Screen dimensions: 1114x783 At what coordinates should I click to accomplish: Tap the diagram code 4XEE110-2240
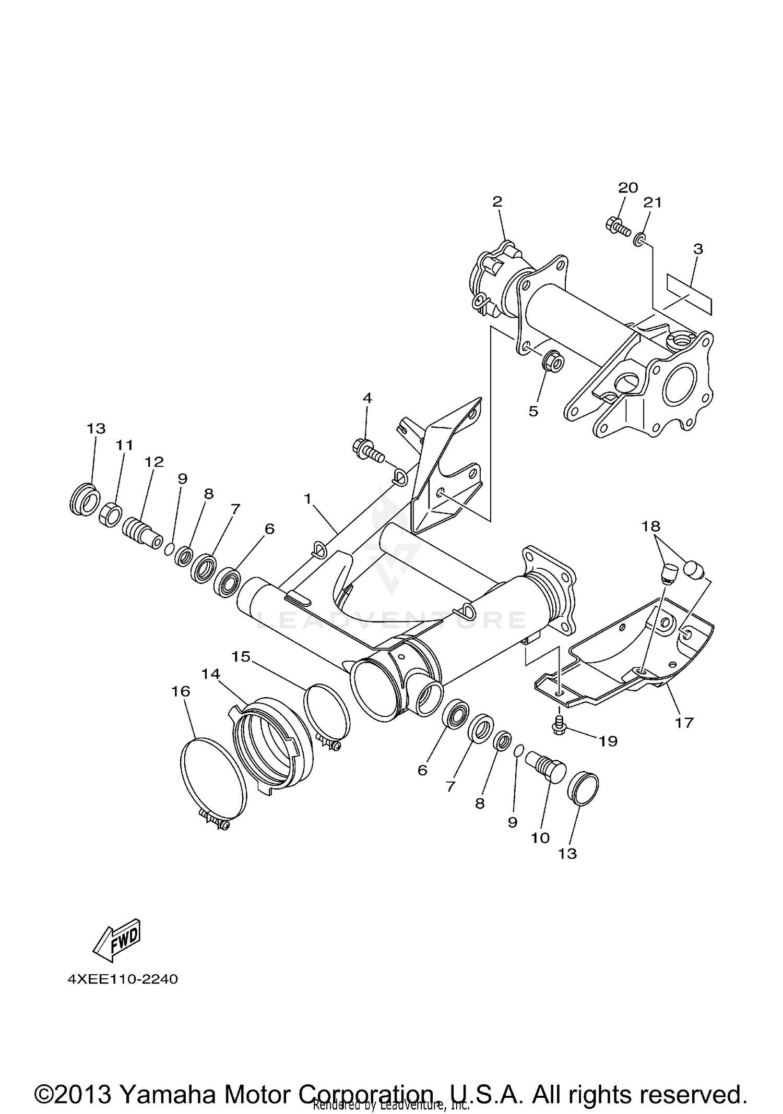pos(123,979)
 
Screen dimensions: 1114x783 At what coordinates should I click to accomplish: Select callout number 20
pos(628,188)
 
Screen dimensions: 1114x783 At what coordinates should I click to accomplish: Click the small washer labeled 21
pos(638,241)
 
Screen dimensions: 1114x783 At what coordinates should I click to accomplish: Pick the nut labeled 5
pos(553,361)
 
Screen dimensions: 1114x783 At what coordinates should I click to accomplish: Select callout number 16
pos(181,691)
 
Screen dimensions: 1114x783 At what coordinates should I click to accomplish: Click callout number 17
pos(684,722)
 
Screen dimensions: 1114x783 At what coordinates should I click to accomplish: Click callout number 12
pos(154,462)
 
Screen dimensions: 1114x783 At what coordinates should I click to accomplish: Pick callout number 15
pos(241,656)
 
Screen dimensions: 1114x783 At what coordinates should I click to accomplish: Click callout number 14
pos(211,674)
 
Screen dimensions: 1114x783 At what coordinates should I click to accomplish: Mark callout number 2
pos(497,202)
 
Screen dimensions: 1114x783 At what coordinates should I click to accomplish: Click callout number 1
pos(307,499)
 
